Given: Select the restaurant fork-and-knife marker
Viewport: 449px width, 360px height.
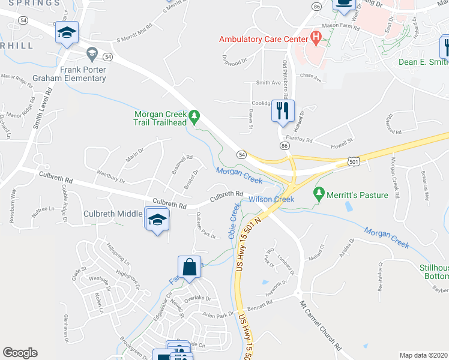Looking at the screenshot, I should point(283,110).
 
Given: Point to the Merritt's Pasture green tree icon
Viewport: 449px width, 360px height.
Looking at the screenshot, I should point(318,194).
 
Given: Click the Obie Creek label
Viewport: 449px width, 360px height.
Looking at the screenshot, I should point(235,221).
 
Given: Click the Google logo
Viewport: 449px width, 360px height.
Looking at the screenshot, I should point(20,353).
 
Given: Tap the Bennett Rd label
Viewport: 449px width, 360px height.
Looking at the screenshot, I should point(260,302).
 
